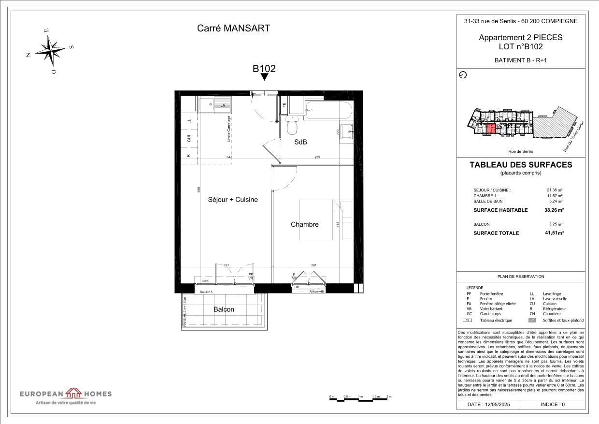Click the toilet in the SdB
[x=292, y=127]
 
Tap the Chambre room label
[x=304, y=224]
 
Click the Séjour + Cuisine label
[x=233, y=199]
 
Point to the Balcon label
[x=224, y=309]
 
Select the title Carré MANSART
[x=233, y=28]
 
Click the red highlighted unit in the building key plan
[x=490, y=129]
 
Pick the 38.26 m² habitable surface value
[x=554, y=210]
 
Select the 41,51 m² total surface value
[x=554, y=233]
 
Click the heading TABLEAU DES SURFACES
[x=520, y=165]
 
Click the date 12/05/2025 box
[x=489, y=404]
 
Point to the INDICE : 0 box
[x=553, y=404]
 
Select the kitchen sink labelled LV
[x=211, y=104]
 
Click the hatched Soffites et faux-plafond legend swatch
[x=532, y=320]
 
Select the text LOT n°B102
[x=520, y=47]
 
